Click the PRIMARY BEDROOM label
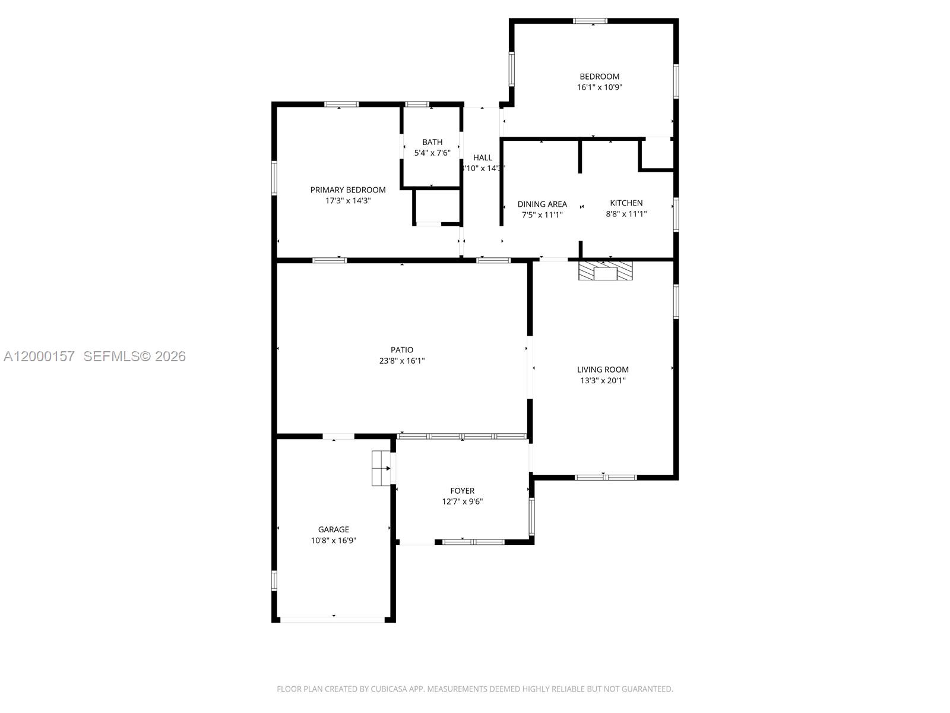pos(348,190)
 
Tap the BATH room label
pos(432,142)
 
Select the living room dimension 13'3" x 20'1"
pos(603,380)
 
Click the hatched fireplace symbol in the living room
pos(606,272)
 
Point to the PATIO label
pos(402,350)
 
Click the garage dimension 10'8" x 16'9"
pos(334,541)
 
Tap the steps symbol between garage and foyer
pos(380,468)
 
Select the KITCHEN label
pos(626,203)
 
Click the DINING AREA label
pos(542,204)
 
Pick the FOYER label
pos(462,491)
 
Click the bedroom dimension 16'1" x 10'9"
pos(600,87)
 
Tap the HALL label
pos(483,157)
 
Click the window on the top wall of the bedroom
pos(590,21)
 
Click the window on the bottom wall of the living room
pos(606,477)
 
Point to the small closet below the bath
pos(437,207)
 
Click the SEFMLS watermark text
pos(135,356)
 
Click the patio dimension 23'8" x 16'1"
pos(402,361)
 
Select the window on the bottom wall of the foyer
pos(473,542)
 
